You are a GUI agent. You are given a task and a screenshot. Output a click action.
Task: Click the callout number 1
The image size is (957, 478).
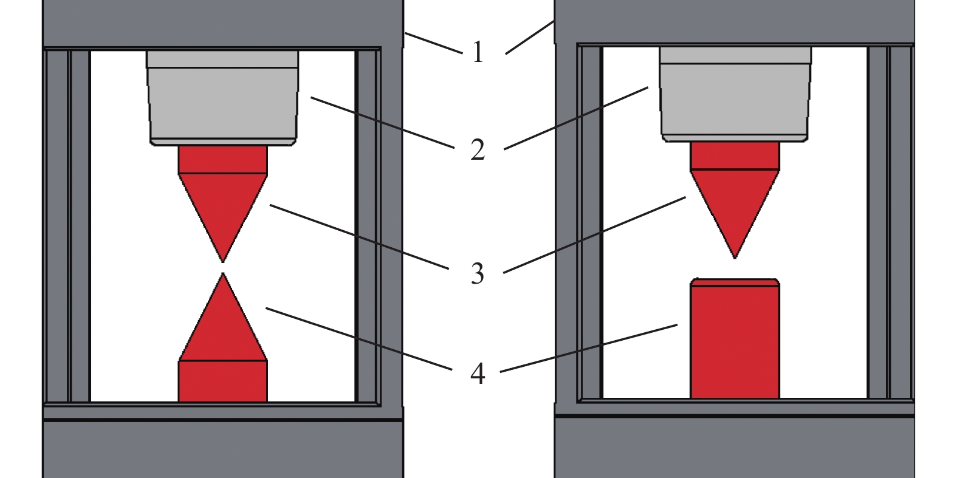[x=478, y=52]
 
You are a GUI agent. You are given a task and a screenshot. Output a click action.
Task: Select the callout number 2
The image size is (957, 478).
[x=478, y=149]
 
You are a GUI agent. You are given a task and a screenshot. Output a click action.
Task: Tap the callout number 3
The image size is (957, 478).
[x=478, y=273]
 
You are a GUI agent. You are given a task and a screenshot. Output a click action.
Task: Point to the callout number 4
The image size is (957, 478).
[x=478, y=374]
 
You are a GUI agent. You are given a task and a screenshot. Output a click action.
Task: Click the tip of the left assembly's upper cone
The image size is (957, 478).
[x=222, y=262]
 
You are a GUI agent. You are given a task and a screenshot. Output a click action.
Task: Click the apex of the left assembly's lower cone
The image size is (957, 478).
[x=222, y=273]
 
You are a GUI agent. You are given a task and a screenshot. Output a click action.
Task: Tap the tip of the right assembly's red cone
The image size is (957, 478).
[x=735, y=258]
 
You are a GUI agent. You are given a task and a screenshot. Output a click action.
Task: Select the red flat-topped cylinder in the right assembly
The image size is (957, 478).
[x=735, y=338]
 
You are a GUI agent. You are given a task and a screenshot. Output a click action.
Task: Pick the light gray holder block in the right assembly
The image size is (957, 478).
[x=735, y=94]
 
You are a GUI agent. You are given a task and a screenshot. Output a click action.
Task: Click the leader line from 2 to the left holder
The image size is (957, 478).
[x=382, y=123]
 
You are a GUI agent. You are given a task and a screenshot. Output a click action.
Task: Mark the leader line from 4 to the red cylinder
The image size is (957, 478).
[x=589, y=348]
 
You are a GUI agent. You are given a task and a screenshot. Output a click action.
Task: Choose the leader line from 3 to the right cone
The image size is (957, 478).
[x=595, y=234]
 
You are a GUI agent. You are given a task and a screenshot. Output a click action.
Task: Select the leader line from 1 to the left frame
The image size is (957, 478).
[x=434, y=43]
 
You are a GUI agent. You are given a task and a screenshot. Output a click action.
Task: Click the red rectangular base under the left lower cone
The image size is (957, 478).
[x=222, y=381]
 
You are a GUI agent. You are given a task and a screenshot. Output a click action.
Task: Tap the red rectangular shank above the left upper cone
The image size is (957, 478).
[x=222, y=160]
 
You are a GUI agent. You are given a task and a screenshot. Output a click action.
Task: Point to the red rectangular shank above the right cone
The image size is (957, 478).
[x=735, y=156]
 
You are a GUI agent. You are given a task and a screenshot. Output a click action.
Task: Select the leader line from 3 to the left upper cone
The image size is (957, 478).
[x=359, y=237]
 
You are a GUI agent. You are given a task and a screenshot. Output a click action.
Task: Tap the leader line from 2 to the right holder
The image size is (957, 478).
[x=576, y=118]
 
